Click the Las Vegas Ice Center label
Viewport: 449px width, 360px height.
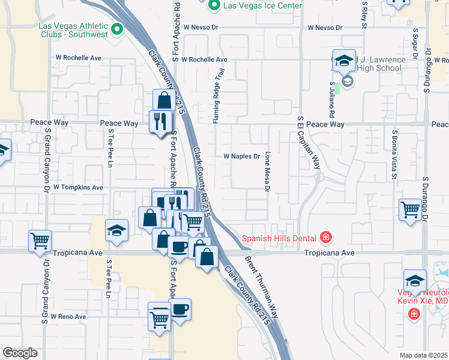point(263,6)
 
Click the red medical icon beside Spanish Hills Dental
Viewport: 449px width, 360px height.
point(326,238)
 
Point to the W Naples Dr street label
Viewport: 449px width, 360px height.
point(241,157)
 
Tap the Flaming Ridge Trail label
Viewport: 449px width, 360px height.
point(220,96)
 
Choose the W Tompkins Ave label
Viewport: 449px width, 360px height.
point(78,187)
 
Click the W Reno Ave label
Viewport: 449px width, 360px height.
point(68,316)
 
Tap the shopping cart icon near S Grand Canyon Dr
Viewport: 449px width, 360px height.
point(40,241)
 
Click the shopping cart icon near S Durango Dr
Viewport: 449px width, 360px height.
point(410,209)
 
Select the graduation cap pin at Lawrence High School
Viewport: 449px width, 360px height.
point(345,61)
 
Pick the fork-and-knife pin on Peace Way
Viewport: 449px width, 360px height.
point(160,122)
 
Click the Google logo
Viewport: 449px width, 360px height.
point(20,353)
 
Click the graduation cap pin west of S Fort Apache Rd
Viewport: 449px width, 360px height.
point(117,230)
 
